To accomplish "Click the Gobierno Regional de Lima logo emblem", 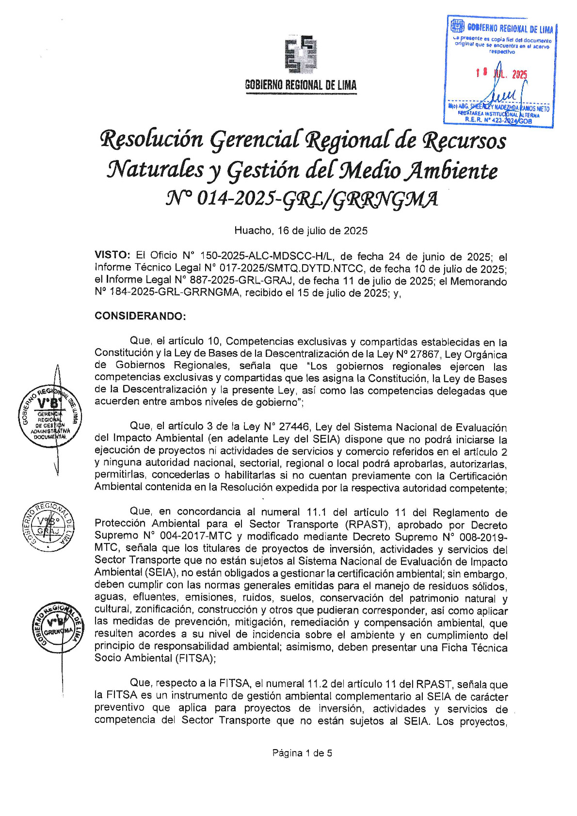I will coord(301,54).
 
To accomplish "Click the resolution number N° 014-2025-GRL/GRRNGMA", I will coord(302,199).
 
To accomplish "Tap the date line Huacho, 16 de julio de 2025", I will coord(301,231).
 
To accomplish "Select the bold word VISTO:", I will coord(112,256).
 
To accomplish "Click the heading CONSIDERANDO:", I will coord(140,316).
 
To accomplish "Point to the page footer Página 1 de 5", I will coord(302,753).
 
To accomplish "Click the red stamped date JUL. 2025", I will coord(509,74).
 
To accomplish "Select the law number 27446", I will coord(294,427).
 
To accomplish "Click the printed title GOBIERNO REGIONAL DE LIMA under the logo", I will coord(301,86).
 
